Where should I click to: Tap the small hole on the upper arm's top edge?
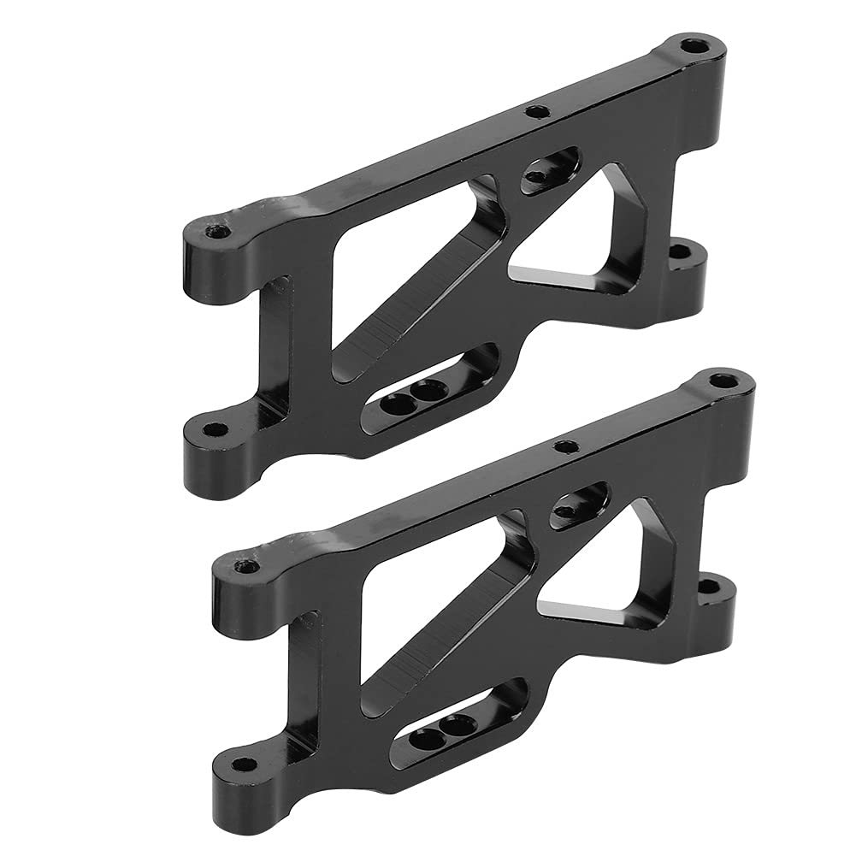[x=535, y=111]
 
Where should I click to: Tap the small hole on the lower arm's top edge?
[x=564, y=446]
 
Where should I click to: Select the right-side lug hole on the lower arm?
[x=709, y=586]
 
